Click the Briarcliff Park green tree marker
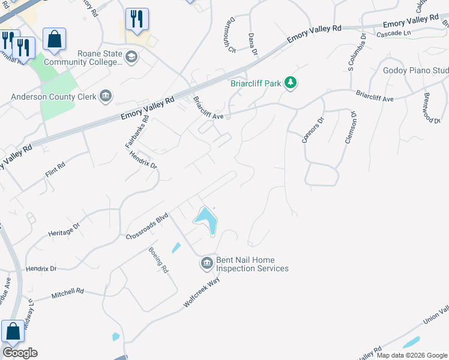[291, 82]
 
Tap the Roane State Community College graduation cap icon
[131, 58]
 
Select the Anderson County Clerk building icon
[106, 95]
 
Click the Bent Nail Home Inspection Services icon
[206, 263]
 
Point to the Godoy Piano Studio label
[415, 71]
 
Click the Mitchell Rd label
[67, 292]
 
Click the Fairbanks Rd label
[137, 132]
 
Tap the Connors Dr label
[312, 130]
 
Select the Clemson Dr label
[351, 128]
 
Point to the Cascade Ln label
[394, 32]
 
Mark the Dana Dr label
[253, 44]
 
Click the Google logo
[20, 352]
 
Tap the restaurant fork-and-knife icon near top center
[137, 19]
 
